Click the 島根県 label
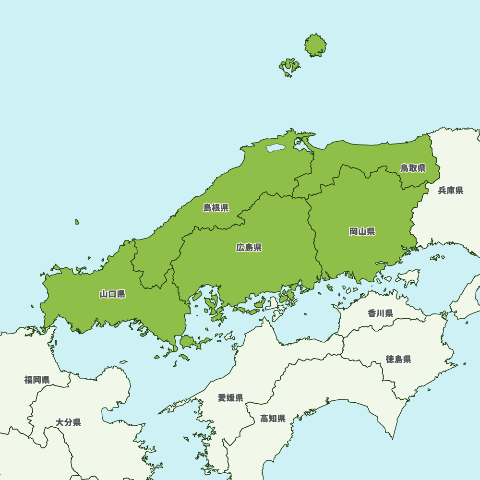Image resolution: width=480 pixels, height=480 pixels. coord(216,208)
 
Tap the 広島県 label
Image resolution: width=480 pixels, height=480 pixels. coord(249,248)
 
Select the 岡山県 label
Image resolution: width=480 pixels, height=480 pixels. coord(362,232)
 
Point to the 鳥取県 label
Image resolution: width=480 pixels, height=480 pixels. coord(413,168)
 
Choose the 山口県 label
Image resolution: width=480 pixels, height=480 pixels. coord(112,294)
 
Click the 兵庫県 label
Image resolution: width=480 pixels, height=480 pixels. coord(451,191)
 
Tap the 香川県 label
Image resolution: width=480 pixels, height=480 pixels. coord(381,313)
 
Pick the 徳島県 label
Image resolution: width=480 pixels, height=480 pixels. coord(398,360)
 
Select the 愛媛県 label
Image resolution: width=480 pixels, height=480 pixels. coord(230,397)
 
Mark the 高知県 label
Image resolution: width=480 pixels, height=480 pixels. coord(273,419)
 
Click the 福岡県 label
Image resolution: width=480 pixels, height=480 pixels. coord(37,380)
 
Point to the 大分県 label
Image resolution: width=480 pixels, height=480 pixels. coord(68,422)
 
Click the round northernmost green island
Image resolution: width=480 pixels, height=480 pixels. coord(316,46)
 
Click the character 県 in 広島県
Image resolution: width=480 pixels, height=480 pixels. coord(257,248)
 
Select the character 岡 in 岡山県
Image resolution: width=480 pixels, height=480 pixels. coord(353,232)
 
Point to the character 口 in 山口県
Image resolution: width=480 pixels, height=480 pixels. coord(112,294)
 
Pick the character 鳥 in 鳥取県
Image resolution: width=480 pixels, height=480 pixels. coord(404,168)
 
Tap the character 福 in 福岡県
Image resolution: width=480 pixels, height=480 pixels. coord(28,380)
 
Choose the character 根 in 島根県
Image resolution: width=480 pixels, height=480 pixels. coord(216,208)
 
